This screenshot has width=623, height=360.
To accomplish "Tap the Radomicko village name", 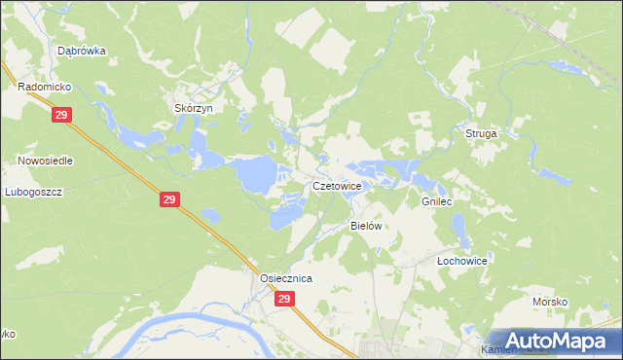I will point(40,87).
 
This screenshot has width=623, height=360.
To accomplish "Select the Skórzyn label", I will point(193,108).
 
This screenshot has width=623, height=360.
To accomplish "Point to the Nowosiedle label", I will point(45,160).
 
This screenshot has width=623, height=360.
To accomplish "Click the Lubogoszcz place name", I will point(33,192).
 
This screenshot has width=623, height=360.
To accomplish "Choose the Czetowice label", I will point(338,185).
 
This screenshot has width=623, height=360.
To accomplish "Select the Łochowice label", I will point(461,262).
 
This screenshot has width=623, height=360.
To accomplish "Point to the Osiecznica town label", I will point(285,278).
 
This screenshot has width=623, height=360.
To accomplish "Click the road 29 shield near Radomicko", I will point(61,116).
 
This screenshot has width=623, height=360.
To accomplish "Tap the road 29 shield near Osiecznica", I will point(283,300).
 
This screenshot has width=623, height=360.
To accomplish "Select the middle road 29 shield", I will point(169,199).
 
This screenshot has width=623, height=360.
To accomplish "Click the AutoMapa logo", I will point(556,341).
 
